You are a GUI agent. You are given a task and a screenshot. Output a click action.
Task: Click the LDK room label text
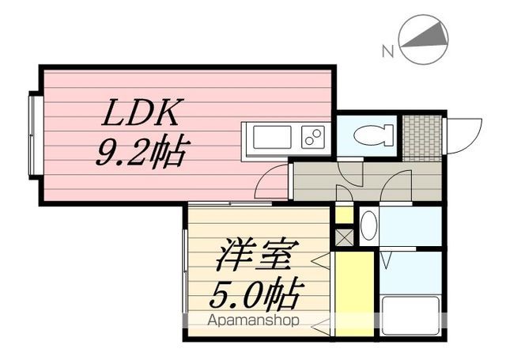[x=141, y=112]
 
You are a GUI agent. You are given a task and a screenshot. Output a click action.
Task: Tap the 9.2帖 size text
[x=141, y=152]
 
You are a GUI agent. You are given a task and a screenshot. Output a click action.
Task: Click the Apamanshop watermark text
[x=253, y=320]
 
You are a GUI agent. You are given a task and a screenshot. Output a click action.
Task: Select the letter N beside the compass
[x=388, y=51]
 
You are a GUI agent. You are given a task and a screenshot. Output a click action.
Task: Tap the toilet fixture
[x=374, y=135]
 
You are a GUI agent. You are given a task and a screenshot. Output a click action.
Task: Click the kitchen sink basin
[x=272, y=137]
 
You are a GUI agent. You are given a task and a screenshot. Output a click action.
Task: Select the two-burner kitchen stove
[x=313, y=137]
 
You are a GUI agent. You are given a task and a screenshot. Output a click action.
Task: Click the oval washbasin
[x=369, y=226]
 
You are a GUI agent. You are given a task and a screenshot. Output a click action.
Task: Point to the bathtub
[x=410, y=316]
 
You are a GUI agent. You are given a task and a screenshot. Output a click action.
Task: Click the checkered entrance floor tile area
[x=422, y=138]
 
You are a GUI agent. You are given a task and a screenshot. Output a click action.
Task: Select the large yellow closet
[x=354, y=294]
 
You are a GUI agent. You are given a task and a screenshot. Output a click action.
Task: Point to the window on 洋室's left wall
[x=185, y=271]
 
